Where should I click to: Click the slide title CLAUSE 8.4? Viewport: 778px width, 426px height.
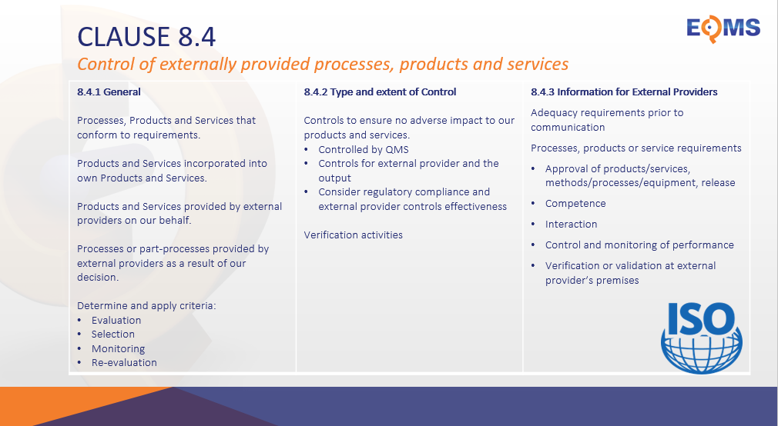click(x=147, y=35)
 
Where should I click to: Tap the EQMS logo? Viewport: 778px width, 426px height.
click(x=723, y=28)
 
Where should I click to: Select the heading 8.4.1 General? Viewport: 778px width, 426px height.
click(x=109, y=92)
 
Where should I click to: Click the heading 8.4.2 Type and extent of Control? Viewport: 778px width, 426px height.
click(x=380, y=92)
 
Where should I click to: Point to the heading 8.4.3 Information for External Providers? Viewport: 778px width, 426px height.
click(x=624, y=92)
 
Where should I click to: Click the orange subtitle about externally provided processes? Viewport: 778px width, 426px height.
click(x=323, y=63)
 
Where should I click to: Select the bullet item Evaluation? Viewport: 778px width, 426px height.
click(x=116, y=320)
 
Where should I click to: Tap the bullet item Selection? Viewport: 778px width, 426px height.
click(x=113, y=334)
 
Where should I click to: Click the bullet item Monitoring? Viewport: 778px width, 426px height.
click(x=118, y=348)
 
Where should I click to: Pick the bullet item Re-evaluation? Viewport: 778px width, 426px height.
click(x=124, y=362)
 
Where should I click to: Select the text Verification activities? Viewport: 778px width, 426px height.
click(x=353, y=235)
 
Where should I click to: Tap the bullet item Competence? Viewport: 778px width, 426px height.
click(x=575, y=204)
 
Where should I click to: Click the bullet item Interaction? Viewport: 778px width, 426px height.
click(x=571, y=225)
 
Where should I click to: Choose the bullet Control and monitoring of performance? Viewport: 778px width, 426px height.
click(x=639, y=245)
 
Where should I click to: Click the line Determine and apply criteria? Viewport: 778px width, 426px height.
click(x=146, y=305)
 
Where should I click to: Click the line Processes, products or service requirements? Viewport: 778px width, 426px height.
click(x=635, y=148)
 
